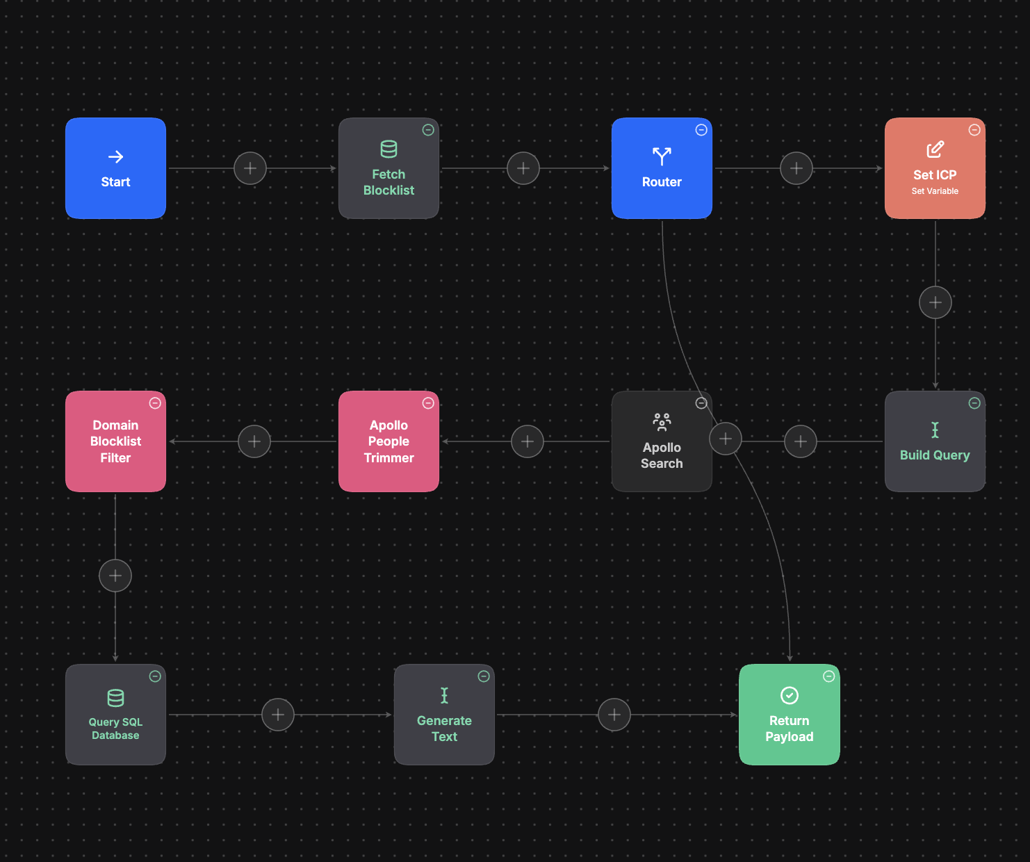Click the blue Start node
pos(115,168)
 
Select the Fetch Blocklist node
pos(389,168)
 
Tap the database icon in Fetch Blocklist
pos(389,149)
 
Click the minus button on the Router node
pos(701,130)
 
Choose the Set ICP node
pos(935,168)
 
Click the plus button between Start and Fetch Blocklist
pos(250,168)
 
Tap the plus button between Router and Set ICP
pos(796,168)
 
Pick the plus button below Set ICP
pos(935,302)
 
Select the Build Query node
pos(935,441)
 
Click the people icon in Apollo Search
pos(662,423)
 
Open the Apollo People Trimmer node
pos(389,441)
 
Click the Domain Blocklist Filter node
pos(115,441)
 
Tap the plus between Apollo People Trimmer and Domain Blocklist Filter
pos(254,441)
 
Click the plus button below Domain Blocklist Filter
pos(115,576)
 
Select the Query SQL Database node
pos(115,715)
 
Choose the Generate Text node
pos(444,715)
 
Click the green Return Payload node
pos(790,715)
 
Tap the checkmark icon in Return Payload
pos(790,696)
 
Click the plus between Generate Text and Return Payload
pos(614,715)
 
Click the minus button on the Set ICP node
pos(974,130)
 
